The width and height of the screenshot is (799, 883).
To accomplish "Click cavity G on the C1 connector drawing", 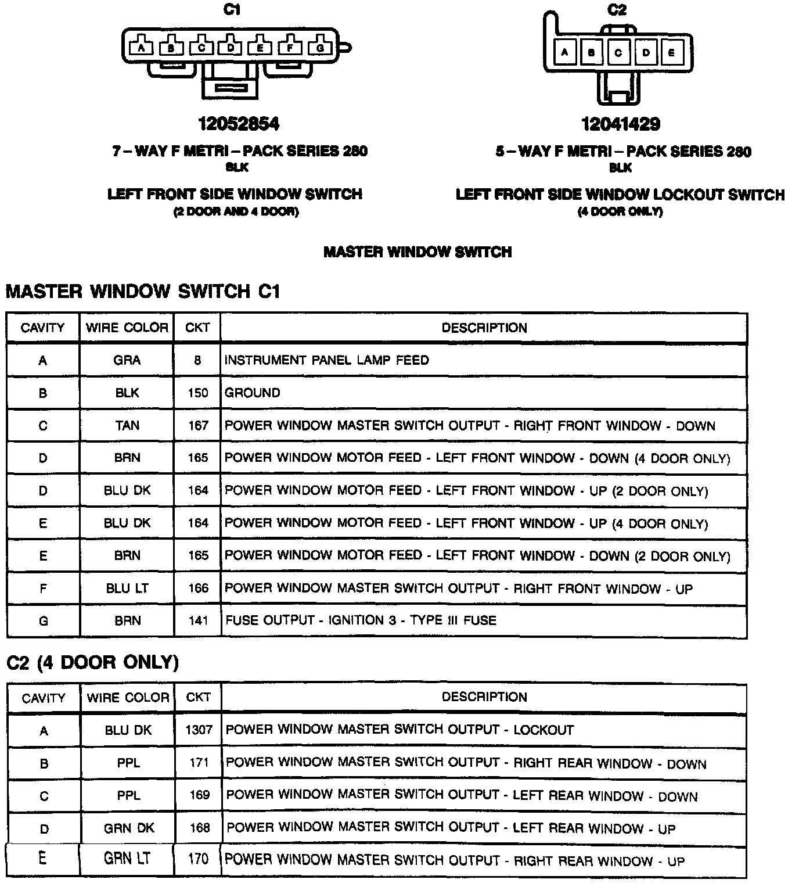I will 319,48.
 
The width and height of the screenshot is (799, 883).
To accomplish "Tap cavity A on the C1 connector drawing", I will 141,48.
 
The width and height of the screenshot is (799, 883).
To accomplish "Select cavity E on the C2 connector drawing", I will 672,53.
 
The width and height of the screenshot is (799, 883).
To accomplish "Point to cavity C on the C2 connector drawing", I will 618,53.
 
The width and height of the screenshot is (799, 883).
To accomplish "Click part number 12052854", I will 239,124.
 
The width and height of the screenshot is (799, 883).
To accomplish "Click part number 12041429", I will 621,124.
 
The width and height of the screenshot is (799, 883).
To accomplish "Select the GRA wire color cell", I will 127,360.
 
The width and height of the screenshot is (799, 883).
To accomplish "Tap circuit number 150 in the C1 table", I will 197,393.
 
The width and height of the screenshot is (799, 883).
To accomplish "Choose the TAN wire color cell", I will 127,426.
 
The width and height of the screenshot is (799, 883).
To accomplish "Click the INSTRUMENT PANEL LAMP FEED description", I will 326,360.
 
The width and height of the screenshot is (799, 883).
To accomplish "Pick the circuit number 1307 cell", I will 199,730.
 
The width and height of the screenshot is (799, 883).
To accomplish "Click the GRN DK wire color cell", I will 128,828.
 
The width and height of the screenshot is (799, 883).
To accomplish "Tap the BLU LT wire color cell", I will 127,588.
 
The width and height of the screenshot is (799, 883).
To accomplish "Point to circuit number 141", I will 197,621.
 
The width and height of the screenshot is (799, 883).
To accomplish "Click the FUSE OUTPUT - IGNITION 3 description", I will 360,620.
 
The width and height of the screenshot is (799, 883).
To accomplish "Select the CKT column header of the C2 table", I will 198,697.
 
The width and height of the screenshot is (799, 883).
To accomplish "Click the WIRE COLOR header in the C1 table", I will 127,328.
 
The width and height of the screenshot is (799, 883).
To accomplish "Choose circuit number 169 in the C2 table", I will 199,795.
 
